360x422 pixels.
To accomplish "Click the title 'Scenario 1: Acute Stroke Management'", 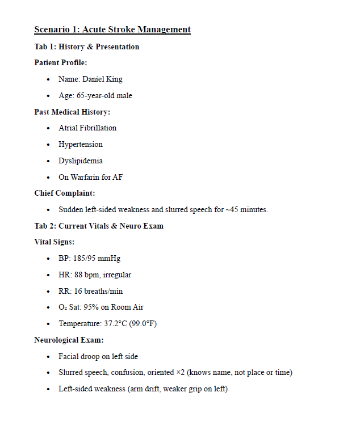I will [112, 29].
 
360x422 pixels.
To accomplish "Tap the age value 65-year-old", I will [93, 96].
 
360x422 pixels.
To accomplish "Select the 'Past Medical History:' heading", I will [72, 112].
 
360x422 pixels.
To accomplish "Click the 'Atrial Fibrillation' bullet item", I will [87, 128].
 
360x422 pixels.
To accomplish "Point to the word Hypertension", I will [81, 145].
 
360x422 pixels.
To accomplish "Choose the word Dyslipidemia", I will [81, 161].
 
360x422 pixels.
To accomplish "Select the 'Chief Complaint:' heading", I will [65, 193].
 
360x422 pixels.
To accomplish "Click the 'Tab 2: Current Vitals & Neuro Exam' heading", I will [99, 226].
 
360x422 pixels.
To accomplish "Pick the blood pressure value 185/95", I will [85, 259].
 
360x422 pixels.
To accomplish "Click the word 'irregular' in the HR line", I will [117, 275].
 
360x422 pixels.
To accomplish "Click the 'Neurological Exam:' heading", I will [69, 340].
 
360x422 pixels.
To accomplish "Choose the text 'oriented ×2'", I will [166, 373].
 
